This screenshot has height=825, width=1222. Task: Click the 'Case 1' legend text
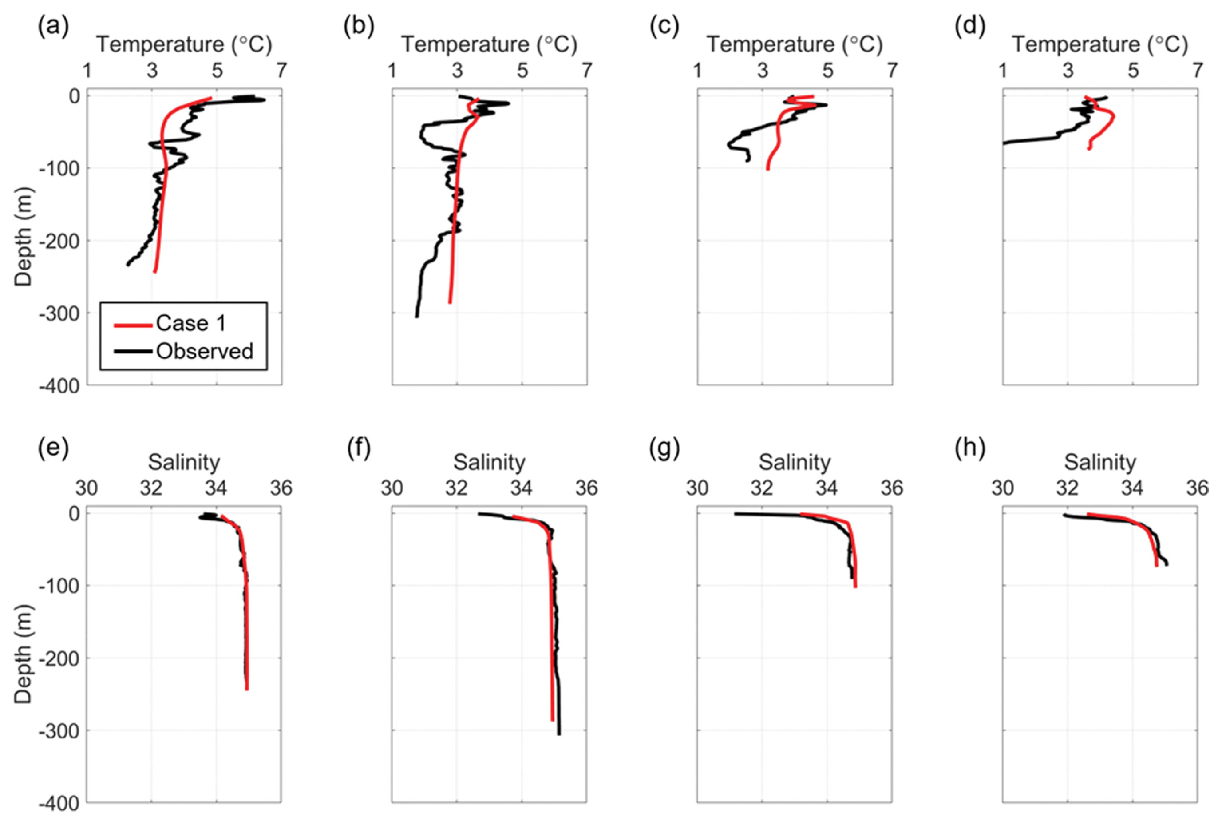tap(191, 323)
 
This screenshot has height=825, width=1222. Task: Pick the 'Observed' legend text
tap(205, 351)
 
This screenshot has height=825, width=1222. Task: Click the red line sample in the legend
tap(134, 325)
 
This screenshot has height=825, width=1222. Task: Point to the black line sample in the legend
tap(134, 351)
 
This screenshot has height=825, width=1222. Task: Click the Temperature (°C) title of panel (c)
tap(794, 44)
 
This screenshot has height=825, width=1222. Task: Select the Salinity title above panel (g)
tap(794, 463)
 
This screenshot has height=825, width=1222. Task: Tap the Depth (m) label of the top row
tap(23, 237)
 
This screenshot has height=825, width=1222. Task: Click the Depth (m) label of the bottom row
tap(23, 654)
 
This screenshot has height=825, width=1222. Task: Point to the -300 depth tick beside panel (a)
tap(59, 313)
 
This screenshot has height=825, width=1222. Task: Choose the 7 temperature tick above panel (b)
tap(587, 70)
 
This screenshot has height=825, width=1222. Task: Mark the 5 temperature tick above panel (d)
tap(1133, 70)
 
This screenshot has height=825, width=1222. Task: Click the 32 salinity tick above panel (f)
tap(456, 488)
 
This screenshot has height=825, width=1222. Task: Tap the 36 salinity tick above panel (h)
tap(1197, 488)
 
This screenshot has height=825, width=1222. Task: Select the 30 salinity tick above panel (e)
tap(87, 488)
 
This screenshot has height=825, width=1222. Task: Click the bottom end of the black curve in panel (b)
tap(417, 316)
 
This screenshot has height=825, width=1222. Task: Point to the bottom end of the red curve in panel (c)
tap(768, 169)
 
